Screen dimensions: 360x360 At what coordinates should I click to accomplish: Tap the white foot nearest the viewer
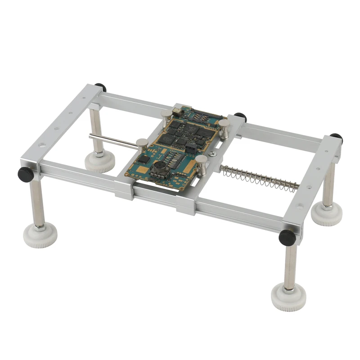(x=288, y=297)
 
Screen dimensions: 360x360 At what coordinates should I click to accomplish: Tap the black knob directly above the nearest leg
(x=287, y=237)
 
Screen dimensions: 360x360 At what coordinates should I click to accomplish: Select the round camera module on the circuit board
(x=159, y=167)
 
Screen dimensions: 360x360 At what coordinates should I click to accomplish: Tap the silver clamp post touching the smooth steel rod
(x=142, y=145)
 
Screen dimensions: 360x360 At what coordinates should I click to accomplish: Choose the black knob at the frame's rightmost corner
(x=336, y=138)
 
